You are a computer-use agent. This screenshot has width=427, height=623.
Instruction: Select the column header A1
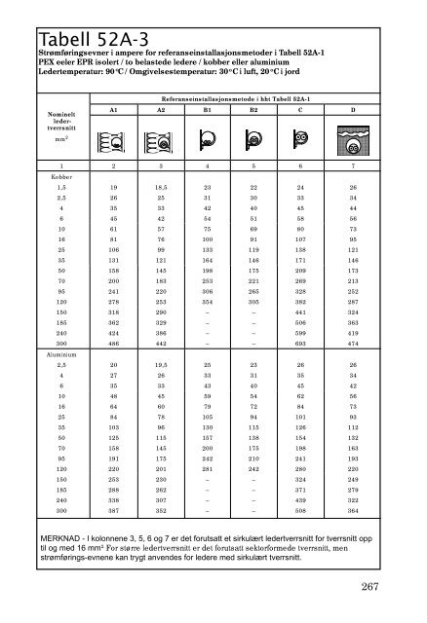click(x=115, y=111)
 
